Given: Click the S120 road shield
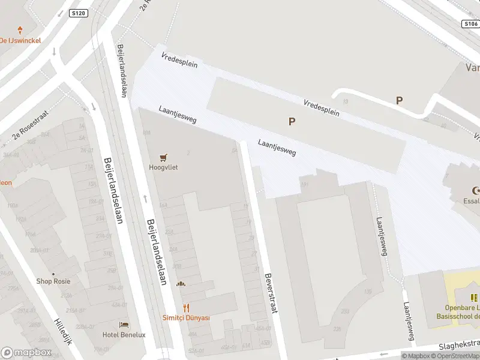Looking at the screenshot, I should (79, 13).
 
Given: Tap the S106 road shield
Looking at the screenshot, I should (470, 24).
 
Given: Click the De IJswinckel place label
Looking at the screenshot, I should (20, 41).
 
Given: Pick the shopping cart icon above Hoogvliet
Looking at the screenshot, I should (163, 157).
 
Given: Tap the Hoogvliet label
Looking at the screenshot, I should (163, 168).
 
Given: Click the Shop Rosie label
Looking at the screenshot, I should (53, 281).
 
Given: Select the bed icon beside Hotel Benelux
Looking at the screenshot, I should (124, 325).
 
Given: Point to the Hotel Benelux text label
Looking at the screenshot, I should (124, 335).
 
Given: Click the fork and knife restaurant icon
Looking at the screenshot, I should (186, 308).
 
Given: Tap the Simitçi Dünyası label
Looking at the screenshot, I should (186, 318).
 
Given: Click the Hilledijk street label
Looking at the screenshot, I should (64, 331).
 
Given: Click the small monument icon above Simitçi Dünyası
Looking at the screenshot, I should (181, 284).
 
